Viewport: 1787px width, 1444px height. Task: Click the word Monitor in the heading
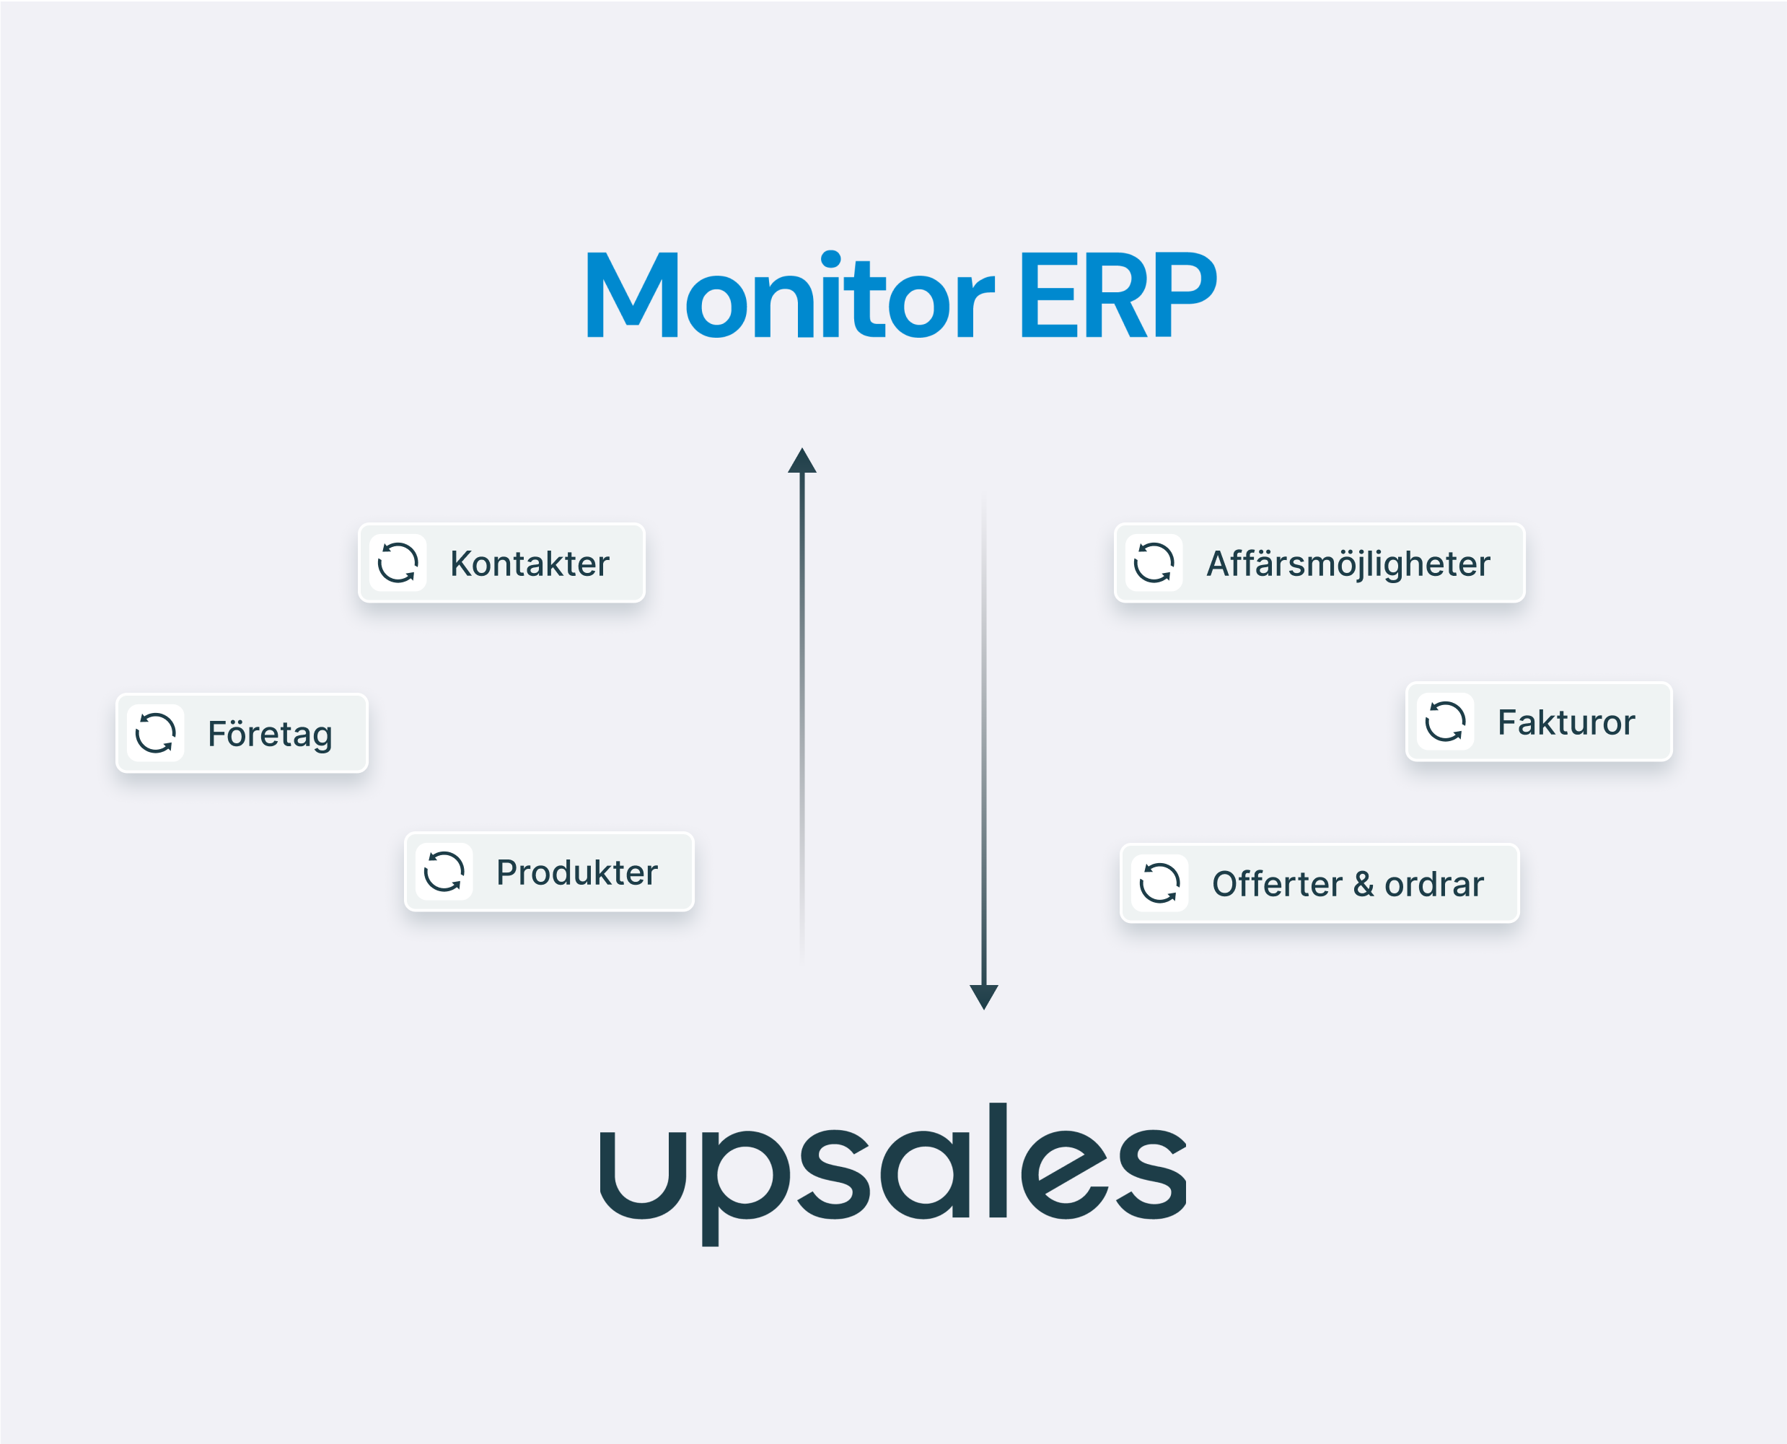click(x=790, y=294)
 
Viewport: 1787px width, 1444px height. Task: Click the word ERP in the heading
click(x=1118, y=294)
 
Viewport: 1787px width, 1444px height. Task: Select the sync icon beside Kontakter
click(x=398, y=563)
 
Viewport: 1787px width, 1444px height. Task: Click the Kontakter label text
click(x=530, y=564)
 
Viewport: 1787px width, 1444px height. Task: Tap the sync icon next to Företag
click(x=156, y=732)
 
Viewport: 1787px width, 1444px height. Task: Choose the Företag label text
click(x=271, y=735)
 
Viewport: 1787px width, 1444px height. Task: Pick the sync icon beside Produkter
click(x=444, y=872)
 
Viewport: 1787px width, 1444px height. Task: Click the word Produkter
click(x=577, y=872)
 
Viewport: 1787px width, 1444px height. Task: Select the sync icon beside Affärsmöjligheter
click(x=1154, y=563)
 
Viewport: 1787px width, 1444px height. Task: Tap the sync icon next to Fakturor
click(x=1445, y=721)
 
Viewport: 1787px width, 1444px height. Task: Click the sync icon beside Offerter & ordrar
click(x=1159, y=883)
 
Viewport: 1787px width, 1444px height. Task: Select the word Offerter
click(x=1276, y=884)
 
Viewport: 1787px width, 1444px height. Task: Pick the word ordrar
click(x=1433, y=884)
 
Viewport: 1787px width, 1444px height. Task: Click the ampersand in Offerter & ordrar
click(x=1363, y=884)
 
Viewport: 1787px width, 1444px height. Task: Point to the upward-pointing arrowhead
click(x=802, y=462)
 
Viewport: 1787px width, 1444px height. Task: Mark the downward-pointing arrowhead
click(x=984, y=997)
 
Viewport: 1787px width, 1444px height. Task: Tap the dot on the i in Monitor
click(x=830, y=261)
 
